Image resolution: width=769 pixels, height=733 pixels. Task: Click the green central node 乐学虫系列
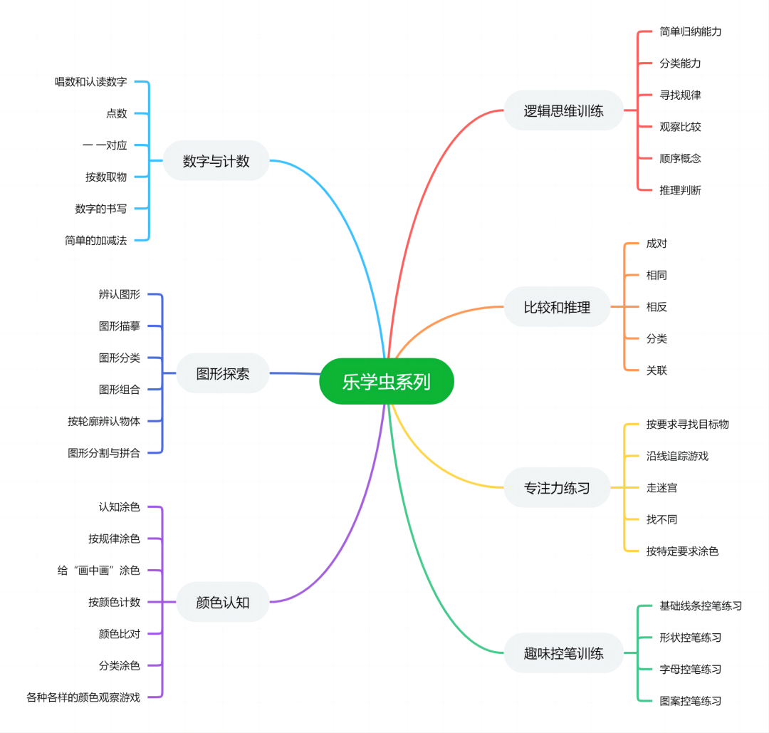[x=387, y=382]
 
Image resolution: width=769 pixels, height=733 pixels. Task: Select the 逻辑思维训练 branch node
[x=563, y=110]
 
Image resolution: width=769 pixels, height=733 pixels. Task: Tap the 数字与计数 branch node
[x=216, y=161]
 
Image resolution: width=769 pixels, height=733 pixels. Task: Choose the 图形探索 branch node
[x=223, y=373]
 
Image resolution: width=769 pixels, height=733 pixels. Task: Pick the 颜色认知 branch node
[x=223, y=602]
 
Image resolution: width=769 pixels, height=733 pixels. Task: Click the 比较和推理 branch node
[x=557, y=307]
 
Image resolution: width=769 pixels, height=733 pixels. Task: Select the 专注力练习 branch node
[x=557, y=488]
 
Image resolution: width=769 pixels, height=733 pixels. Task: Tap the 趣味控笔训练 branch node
[x=563, y=653]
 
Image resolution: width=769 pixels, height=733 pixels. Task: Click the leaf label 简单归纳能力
[x=690, y=31]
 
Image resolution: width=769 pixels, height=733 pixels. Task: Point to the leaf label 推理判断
[x=680, y=190]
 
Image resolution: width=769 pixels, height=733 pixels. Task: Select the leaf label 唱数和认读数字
[x=90, y=82]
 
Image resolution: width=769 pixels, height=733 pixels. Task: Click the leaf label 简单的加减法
[x=95, y=240]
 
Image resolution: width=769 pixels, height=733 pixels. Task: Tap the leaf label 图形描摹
[x=120, y=326]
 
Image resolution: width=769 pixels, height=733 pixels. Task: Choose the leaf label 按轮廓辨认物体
[x=104, y=421]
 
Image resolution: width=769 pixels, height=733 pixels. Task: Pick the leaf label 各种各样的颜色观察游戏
[x=83, y=697]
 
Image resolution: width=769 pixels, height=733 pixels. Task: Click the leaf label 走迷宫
[x=661, y=488]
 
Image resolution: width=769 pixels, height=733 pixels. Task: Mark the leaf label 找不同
[x=661, y=519]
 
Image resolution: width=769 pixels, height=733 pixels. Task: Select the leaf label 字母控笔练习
[x=690, y=669]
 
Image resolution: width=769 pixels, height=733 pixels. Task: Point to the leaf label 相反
[x=656, y=307]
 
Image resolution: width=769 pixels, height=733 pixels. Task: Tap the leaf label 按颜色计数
[x=115, y=602]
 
